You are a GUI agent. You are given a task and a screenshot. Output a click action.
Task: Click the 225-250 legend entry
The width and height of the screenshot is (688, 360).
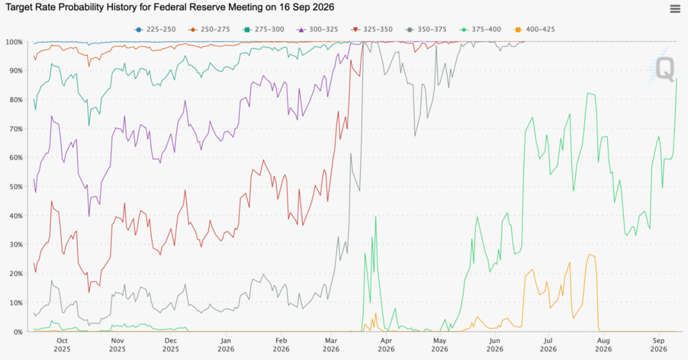point(155,30)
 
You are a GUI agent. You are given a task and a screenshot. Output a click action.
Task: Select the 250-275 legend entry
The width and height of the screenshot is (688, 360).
point(209,30)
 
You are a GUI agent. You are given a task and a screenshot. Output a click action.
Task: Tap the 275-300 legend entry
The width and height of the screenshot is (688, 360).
point(263,30)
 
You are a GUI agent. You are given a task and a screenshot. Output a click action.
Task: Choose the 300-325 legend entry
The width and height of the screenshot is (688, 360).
point(317,30)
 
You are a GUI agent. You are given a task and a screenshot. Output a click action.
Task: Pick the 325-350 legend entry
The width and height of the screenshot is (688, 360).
point(372,30)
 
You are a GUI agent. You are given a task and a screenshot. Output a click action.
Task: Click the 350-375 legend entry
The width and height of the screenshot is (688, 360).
point(425,30)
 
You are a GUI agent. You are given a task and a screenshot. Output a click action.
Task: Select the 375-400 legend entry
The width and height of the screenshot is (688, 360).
point(480,30)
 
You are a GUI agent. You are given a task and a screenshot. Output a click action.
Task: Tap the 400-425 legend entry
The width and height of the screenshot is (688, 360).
point(534,30)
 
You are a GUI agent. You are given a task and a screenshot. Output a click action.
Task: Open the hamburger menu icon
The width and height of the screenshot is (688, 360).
point(675,9)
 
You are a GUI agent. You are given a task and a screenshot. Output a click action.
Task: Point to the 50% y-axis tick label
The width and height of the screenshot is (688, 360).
point(15,187)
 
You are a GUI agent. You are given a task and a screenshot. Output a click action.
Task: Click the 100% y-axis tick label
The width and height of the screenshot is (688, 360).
point(14,42)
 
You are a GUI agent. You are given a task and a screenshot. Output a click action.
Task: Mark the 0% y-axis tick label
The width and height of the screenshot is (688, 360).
point(17,332)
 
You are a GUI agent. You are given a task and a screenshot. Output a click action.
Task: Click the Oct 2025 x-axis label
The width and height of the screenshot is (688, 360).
point(62,345)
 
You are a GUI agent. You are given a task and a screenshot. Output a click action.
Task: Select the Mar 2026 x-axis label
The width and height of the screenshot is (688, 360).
point(331,345)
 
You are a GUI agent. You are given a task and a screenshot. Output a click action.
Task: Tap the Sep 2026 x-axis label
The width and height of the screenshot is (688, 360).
point(658,345)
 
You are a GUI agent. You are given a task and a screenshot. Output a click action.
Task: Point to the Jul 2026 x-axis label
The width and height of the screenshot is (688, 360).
point(548,345)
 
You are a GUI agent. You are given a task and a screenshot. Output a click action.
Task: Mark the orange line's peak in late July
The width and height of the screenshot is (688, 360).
point(590,255)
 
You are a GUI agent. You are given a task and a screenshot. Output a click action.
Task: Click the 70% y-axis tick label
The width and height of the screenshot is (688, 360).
point(15,129)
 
